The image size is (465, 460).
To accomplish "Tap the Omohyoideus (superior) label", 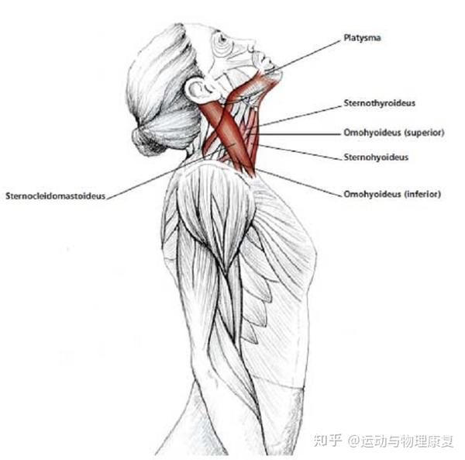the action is (x=393, y=133).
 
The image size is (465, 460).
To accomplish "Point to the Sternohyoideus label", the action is (x=376, y=157).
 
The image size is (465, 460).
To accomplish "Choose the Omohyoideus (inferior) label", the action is (x=391, y=194).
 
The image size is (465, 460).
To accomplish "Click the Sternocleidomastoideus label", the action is (x=55, y=195).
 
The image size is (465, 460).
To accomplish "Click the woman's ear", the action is (x=197, y=89).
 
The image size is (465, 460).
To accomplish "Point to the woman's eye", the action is (x=223, y=39).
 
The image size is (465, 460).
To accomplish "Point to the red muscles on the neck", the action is (x=232, y=128).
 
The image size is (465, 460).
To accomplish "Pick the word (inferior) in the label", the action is (x=423, y=194).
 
